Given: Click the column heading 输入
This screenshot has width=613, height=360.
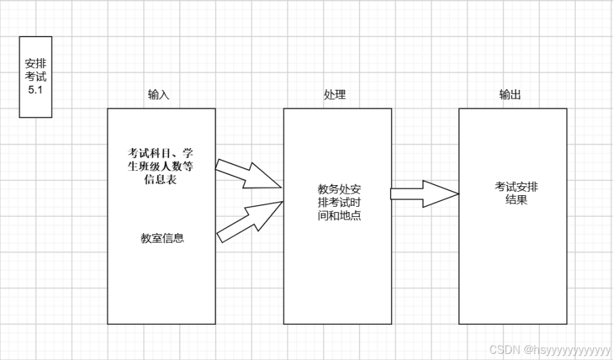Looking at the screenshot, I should [159, 95].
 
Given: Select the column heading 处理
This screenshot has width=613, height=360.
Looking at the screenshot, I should [335, 95].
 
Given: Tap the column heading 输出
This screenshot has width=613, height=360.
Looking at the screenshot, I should [510, 95].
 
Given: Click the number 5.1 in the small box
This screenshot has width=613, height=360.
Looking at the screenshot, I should [36, 90].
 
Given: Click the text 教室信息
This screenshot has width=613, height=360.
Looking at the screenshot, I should [163, 238].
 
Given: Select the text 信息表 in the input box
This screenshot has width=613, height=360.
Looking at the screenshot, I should [162, 180].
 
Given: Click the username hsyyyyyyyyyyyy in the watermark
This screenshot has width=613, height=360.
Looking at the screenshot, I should [570, 350].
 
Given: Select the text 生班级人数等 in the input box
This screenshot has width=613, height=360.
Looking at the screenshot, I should [162, 167].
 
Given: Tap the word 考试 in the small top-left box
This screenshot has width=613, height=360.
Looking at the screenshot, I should [36, 77].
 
